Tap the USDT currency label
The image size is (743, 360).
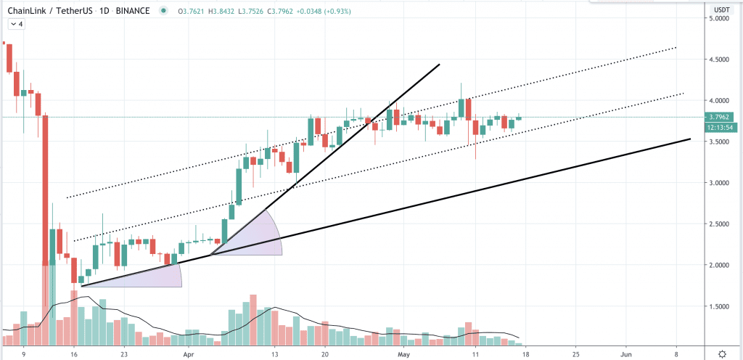pyautogui.click(x=722, y=9)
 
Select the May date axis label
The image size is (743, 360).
pyautogui.click(x=402, y=353)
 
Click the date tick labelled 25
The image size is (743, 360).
pyautogui.click(x=575, y=353)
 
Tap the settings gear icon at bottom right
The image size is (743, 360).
pyautogui.click(x=722, y=353)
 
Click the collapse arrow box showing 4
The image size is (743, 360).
pyautogui.click(x=17, y=24)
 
